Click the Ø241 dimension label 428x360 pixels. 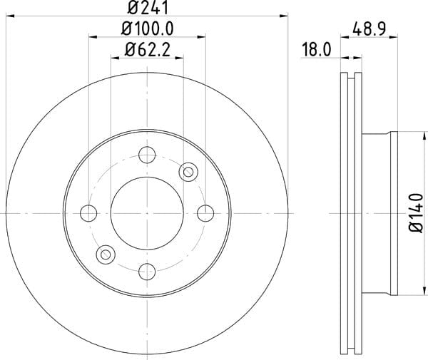tap(148, 7)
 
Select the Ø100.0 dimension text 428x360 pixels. tap(147, 29)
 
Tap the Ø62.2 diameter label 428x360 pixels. tap(148, 50)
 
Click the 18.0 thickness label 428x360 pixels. tap(317, 50)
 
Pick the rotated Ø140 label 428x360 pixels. tap(416, 212)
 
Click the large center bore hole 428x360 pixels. tap(147, 213)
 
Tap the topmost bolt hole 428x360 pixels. tap(147, 155)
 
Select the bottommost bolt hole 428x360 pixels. tap(147, 272)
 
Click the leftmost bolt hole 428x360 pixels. tap(88, 213)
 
